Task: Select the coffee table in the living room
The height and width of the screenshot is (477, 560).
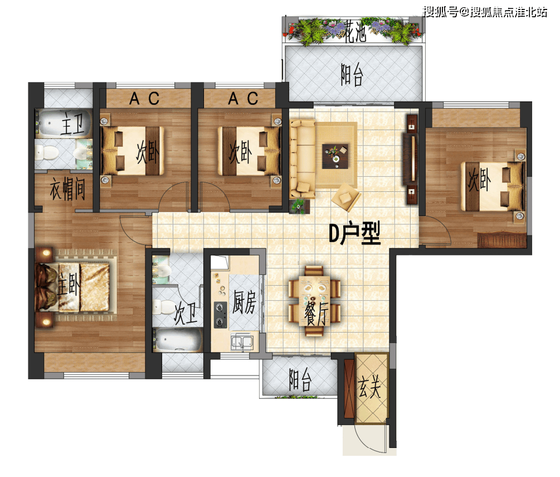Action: click(x=335, y=156)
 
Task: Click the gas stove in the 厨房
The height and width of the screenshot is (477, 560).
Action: click(x=220, y=315)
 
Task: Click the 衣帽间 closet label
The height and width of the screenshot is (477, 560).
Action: click(x=67, y=189)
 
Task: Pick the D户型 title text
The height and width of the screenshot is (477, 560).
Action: click(x=354, y=233)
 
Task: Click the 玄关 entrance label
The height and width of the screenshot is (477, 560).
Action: click(x=369, y=388)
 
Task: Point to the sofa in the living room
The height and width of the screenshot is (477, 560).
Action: click(x=302, y=159)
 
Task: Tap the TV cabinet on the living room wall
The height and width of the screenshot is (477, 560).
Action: click(x=411, y=159)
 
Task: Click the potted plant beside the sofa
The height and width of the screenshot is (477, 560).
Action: click(x=299, y=206)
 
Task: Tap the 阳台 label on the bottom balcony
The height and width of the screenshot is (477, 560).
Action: click(x=300, y=380)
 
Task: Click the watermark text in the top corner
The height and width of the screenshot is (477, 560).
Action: click(x=485, y=12)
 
